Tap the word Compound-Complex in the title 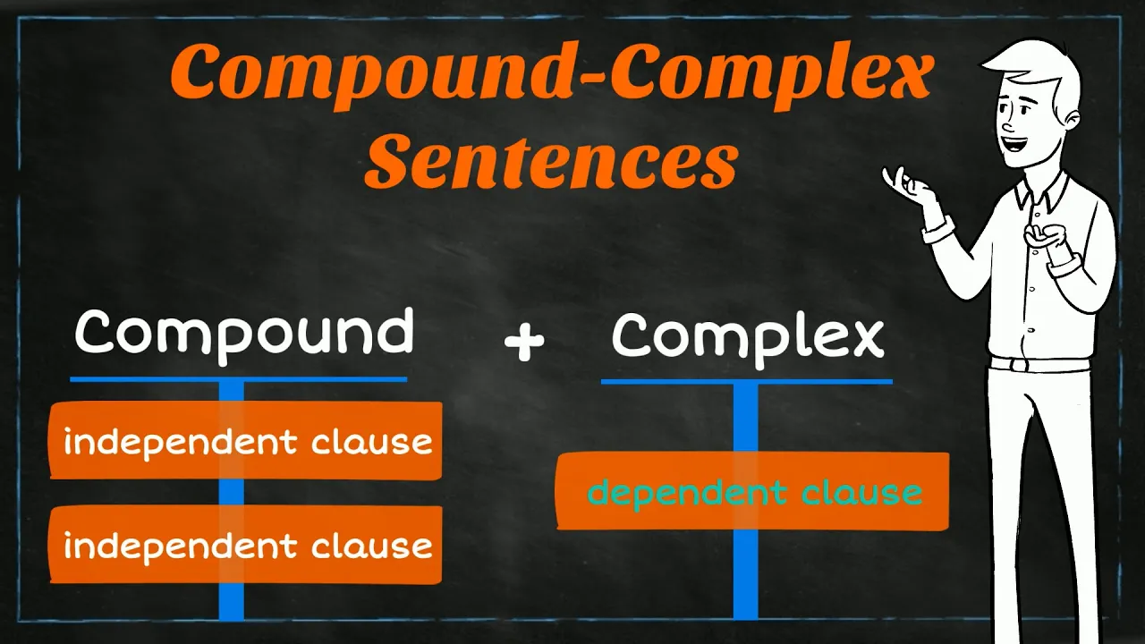coord(552,73)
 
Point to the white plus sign coord(524,342)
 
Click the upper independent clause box coord(246,441)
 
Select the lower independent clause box coord(246,545)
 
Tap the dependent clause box coord(753,491)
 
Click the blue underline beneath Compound coord(239,379)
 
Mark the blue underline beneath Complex coord(746,382)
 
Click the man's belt coord(1039,364)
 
